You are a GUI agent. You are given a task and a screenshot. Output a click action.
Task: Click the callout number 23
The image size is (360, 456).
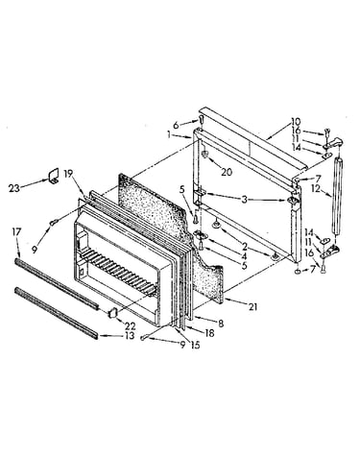click(x=14, y=188)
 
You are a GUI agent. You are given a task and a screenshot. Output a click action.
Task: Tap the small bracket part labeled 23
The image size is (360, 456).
click(x=54, y=176)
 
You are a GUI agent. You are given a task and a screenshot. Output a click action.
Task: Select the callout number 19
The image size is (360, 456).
click(x=68, y=174)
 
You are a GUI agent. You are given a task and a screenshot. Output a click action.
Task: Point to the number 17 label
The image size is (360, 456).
click(x=16, y=231)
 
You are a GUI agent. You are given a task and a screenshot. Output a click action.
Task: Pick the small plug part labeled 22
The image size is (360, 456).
click(x=113, y=313)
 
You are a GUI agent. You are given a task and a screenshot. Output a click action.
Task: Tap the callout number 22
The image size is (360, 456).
click(x=130, y=326)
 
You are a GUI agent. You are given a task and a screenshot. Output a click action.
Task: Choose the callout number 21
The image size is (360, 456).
click(x=252, y=307)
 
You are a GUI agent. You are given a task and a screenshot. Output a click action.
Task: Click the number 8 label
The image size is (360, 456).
click(x=221, y=323)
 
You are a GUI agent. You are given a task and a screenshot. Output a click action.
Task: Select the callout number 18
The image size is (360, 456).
click(x=209, y=333)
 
